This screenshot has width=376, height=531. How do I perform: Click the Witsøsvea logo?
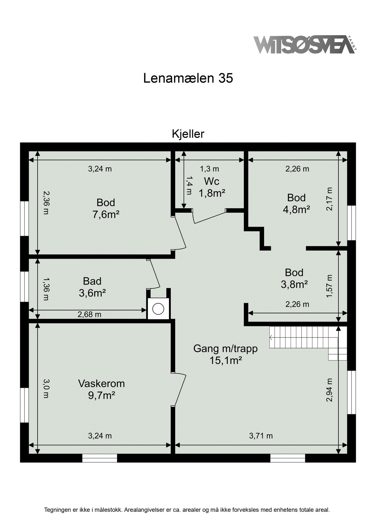point(304,45)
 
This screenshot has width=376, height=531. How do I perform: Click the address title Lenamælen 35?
point(188,78)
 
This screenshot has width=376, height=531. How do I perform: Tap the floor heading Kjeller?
point(188,134)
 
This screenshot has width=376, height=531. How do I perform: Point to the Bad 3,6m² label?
point(92,287)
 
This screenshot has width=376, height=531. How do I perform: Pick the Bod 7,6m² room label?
point(106,208)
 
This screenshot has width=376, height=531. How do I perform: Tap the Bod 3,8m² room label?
point(294,278)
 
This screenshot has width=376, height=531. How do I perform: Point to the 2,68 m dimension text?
point(89,315)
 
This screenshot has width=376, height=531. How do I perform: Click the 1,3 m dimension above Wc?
point(209,169)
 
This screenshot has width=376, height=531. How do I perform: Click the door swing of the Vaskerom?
point(180,389)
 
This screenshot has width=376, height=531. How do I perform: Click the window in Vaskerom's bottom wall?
point(100,458)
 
